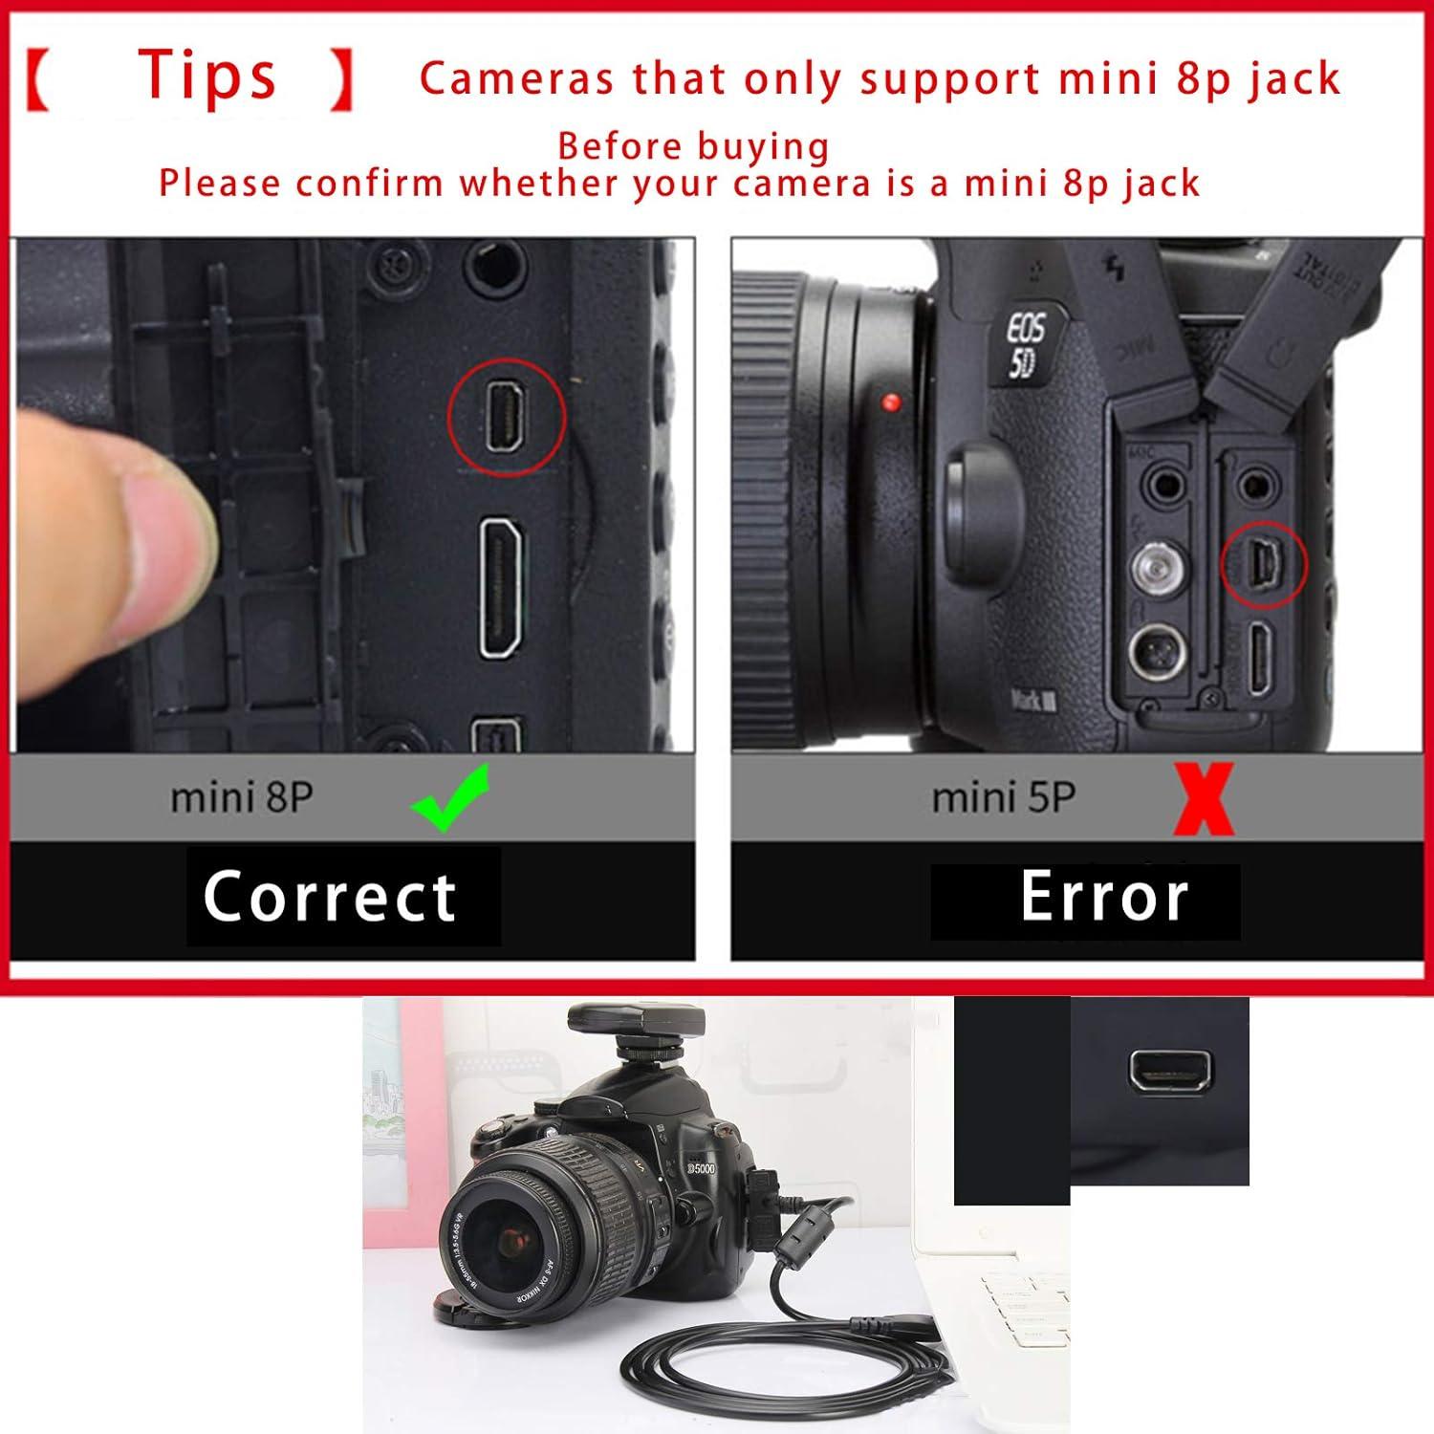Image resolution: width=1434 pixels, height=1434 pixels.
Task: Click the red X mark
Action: point(1205,799)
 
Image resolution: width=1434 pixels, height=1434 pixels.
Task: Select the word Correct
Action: point(330,897)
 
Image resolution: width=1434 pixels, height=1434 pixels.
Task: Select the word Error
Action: point(1104,897)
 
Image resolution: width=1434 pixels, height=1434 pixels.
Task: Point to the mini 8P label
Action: point(242,797)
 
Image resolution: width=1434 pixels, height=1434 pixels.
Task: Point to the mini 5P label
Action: point(1004,797)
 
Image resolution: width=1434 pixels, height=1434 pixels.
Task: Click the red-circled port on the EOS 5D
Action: point(1264,564)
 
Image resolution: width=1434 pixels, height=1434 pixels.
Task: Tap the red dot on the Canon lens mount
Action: point(892,402)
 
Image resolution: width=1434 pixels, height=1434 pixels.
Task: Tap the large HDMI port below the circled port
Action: point(501,588)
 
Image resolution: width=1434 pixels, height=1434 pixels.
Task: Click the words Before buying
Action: point(693,146)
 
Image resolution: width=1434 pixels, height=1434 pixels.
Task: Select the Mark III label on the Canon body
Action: point(1034,701)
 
